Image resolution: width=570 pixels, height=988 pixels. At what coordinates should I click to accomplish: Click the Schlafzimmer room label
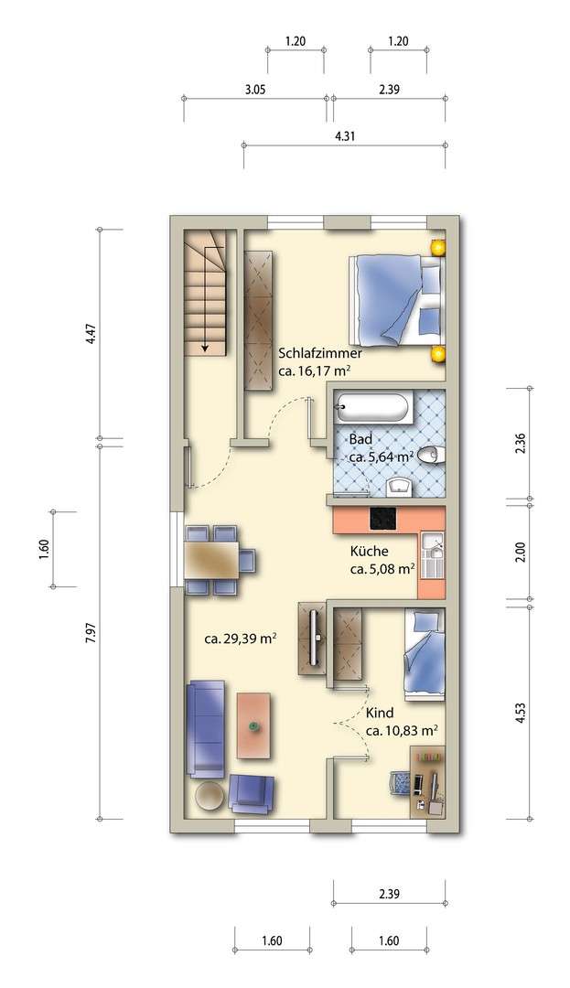[x=319, y=353]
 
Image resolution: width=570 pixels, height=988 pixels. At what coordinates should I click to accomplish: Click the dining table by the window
[x=211, y=559]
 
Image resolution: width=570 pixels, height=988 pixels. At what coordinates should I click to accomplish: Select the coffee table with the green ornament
[x=253, y=725]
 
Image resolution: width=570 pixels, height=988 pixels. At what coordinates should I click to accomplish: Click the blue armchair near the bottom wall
[x=251, y=792]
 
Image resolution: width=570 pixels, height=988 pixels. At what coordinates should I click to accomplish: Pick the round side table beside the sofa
[x=210, y=795]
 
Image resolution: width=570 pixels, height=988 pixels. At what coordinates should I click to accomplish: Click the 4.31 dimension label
[x=345, y=135]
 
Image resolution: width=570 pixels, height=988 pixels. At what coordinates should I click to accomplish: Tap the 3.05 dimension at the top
[x=255, y=90]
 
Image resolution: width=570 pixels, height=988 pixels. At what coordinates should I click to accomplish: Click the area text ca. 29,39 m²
[x=241, y=639]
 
